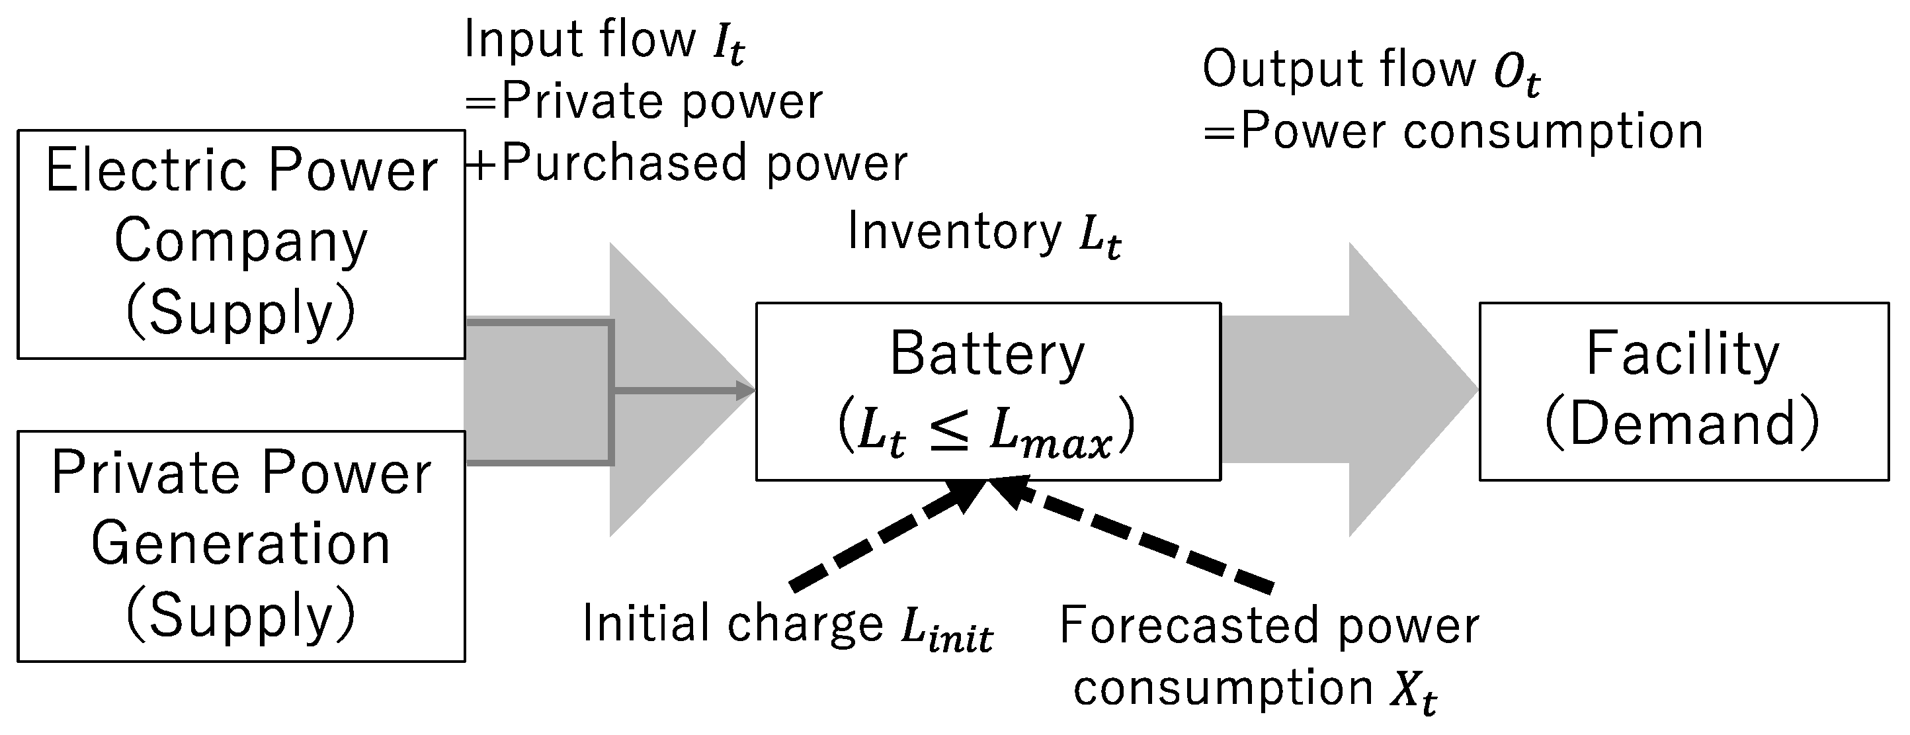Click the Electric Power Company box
(241, 245)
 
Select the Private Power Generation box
(241, 546)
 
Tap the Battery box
(987, 392)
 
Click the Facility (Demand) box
(1683, 392)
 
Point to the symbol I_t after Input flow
(728, 43)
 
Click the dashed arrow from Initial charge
(882, 540)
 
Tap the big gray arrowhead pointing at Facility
(1409, 390)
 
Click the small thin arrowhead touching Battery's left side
(745, 390)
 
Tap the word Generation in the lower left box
(241, 544)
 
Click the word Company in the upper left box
(241, 241)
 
